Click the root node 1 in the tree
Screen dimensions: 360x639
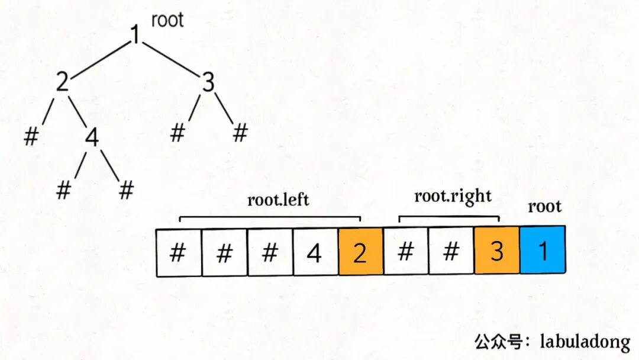coord(135,36)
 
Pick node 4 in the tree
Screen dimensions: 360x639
coord(91,137)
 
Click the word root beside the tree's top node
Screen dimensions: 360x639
coord(167,20)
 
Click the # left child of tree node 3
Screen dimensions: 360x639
coord(177,133)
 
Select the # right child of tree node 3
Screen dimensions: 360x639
coord(240,133)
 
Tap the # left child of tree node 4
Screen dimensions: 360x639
coord(63,191)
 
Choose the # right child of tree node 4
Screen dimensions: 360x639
coord(126,191)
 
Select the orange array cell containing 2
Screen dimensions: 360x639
coord(360,253)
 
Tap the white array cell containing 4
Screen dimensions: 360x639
coord(315,253)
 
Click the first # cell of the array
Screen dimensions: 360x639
coord(177,253)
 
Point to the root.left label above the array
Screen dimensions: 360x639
coord(278,200)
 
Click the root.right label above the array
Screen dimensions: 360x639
coord(453,196)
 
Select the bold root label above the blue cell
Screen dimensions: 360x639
coord(544,207)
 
